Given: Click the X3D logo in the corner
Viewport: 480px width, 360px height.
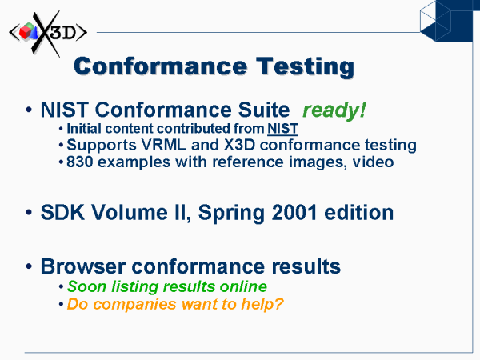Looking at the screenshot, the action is (x=48, y=33).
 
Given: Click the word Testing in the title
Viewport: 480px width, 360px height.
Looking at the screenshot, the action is (x=306, y=67).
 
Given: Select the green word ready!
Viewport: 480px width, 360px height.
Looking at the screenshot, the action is (x=334, y=110).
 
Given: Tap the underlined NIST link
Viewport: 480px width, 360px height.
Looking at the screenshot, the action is (x=282, y=129).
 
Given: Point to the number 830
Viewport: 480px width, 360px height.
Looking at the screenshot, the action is (x=79, y=162).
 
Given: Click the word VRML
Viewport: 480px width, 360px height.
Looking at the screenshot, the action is (x=164, y=145).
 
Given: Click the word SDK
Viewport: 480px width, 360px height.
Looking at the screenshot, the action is (x=62, y=212).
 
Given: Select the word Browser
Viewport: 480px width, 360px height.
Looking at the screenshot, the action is (x=83, y=266).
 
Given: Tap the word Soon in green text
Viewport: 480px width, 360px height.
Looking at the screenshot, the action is (x=82, y=286).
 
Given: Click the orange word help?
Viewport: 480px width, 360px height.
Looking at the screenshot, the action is (x=262, y=305).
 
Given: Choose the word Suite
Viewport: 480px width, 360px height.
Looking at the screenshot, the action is (x=264, y=110).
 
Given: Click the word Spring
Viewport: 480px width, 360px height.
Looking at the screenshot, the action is (x=231, y=213).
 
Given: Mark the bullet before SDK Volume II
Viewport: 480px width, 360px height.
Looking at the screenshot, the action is (x=29, y=212).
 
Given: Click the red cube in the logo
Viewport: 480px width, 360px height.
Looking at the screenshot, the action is (x=25, y=32).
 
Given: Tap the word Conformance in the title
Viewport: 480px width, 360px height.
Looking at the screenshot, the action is (x=161, y=66).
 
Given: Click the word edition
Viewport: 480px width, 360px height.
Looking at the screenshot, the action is (x=358, y=212).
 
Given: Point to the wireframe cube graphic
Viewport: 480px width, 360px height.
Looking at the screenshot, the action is (x=436, y=21).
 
